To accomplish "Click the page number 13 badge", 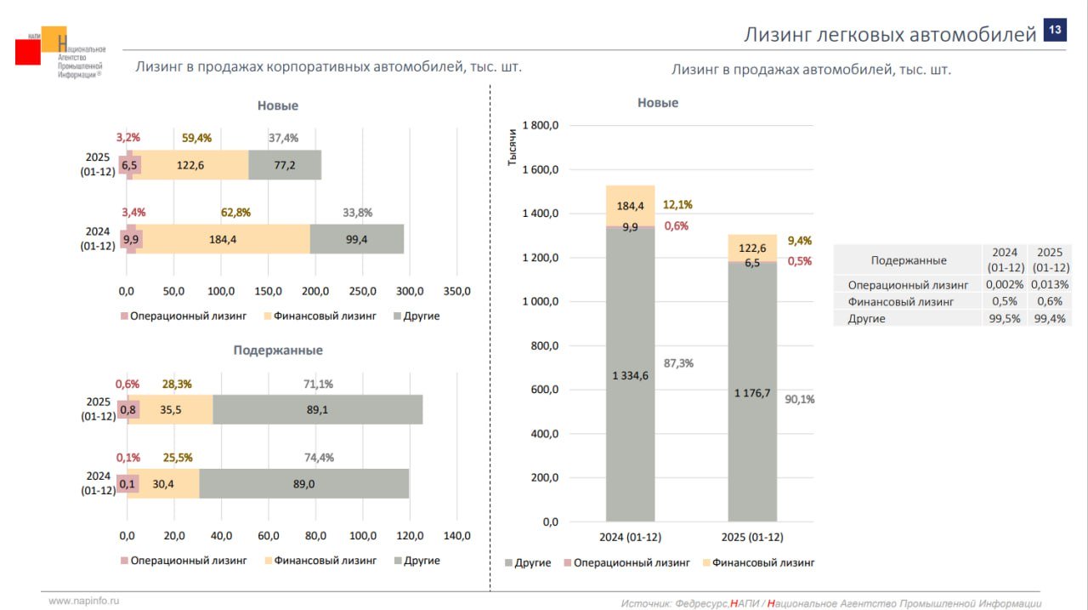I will click(x=1054, y=31).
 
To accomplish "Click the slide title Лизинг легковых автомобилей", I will click(x=890, y=35).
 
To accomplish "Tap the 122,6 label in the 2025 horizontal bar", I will click(x=190, y=165).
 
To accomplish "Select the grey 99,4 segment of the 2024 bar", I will click(x=357, y=240).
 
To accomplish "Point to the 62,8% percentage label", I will click(x=234, y=213).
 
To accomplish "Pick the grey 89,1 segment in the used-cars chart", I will click(x=317, y=410).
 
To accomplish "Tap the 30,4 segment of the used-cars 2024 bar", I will click(x=164, y=484).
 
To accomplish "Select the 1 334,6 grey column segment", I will click(x=630, y=375).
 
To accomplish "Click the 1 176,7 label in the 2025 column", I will click(x=752, y=393).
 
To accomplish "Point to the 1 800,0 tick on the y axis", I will click(x=541, y=126).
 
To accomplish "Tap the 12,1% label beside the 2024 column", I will click(x=677, y=204).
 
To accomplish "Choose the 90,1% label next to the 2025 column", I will click(x=799, y=399).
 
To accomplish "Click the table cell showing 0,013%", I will click(x=1050, y=285).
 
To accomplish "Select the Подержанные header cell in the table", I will click(x=908, y=260).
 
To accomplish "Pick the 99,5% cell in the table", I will click(x=1006, y=318).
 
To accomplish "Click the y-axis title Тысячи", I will click(x=513, y=145).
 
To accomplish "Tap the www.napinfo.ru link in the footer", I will click(x=84, y=601).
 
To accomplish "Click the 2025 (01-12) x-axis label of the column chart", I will click(x=752, y=538).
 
